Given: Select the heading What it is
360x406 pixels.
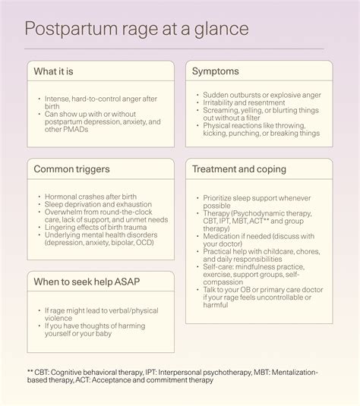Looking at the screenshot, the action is [x=55, y=71].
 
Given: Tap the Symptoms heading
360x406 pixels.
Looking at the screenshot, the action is [x=215, y=71].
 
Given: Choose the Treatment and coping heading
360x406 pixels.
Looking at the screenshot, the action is [x=239, y=169].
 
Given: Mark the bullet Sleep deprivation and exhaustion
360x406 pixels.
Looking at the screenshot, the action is [x=99, y=204].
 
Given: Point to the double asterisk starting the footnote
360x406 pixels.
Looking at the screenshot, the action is [x=30, y=373].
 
